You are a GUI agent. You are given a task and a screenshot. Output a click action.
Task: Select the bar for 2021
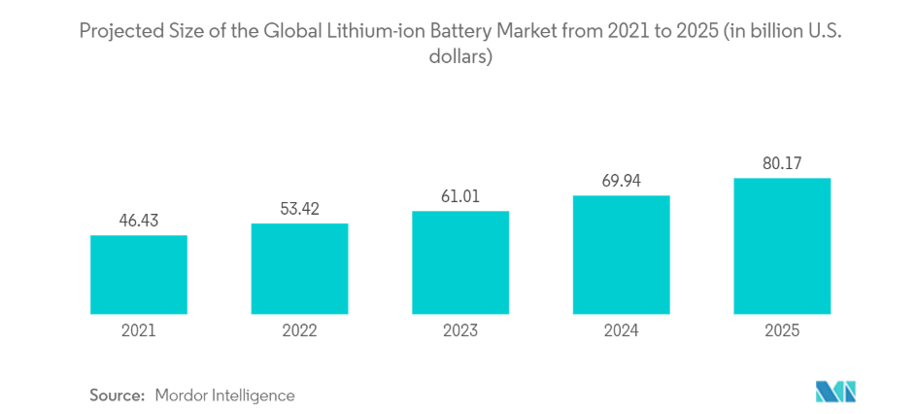pos(139,274)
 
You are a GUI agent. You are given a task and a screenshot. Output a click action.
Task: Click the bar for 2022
pos(299,268)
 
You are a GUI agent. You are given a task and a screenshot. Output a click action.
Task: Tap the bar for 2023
pos(460,262)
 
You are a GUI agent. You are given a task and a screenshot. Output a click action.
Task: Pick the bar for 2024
pos(621,255)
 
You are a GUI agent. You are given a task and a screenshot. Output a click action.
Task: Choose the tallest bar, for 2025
pos(782,246)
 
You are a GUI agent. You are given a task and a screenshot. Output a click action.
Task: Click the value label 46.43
pos(139,221)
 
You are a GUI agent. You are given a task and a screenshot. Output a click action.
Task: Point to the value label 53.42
pos(299,209)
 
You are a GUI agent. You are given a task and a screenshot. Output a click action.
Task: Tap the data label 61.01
pos(460,196)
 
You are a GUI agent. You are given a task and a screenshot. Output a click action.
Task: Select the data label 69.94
pos(621,181)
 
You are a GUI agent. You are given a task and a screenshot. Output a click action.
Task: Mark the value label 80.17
pos(782,163)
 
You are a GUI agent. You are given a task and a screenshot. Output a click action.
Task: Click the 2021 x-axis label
pos(139,330)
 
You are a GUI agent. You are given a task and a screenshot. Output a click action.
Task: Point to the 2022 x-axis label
pos(299,330)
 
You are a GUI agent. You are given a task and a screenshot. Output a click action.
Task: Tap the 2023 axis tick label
pos(460,330)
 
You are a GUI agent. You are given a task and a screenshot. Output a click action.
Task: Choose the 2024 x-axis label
pos(621,330)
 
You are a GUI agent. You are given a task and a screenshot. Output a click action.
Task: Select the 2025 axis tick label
pos(782,330)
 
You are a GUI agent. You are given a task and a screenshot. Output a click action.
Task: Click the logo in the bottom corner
pos(835,392)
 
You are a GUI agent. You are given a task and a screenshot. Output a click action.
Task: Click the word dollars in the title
pos(458,57)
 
